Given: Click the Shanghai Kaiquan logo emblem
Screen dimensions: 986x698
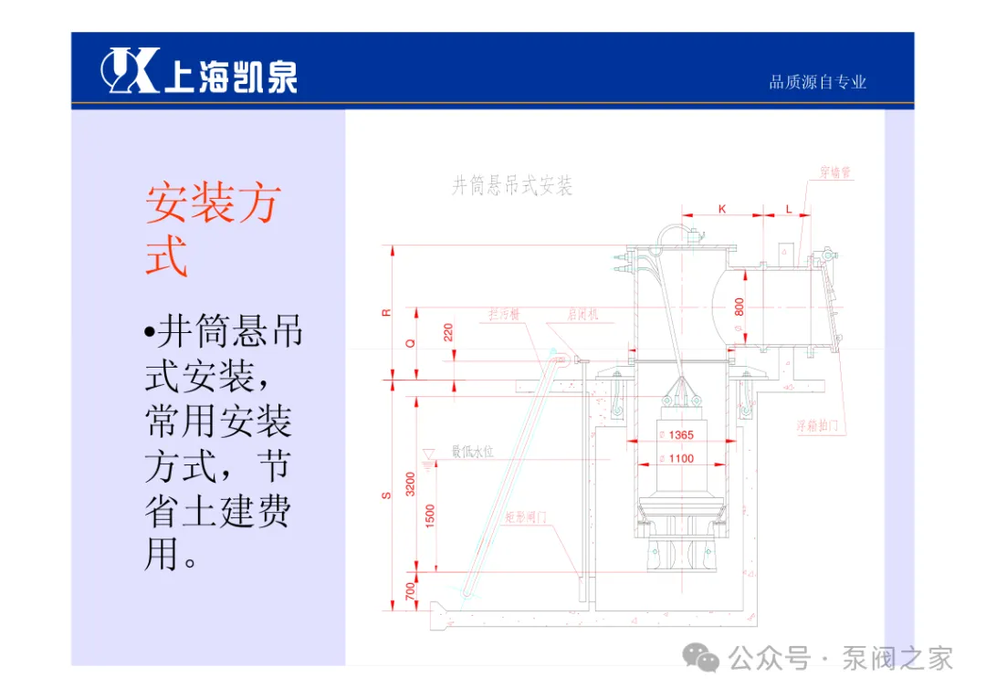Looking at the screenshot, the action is (130, 70).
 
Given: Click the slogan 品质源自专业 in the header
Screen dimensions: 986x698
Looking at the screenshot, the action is (817, 83).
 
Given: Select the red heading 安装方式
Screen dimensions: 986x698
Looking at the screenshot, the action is (213, 229).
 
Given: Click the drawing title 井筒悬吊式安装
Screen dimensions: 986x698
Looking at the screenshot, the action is (512, 187).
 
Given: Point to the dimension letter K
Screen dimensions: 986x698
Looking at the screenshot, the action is (722, 209).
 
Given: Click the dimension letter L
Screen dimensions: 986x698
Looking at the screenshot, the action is (789, 209).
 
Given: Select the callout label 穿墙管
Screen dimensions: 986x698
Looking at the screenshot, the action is (835, 172).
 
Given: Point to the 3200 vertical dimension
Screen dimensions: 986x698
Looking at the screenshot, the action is (410, 484).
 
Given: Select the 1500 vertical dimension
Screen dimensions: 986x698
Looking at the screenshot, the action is (431, 516).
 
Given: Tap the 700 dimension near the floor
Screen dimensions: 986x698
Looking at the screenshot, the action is (410, 592).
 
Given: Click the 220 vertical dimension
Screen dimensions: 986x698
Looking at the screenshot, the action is (448, 331).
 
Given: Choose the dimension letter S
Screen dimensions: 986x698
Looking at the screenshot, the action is (386, 495).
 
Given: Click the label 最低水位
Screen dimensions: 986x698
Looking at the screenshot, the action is (472, 451).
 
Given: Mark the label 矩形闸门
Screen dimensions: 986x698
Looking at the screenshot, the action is (526, 516).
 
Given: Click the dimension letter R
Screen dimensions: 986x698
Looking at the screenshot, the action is (386, 312).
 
